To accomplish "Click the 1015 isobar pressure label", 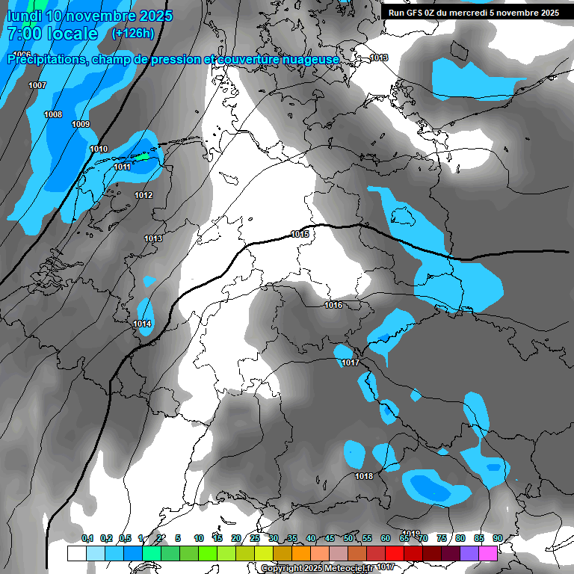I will (x=300, y=235).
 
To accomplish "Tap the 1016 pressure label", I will (x=333, y=305).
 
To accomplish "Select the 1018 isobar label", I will (x=364, y=476).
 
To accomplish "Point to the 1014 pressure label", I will (x=143, y=324).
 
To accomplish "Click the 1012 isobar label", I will (x=143, y=195).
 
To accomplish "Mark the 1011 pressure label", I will (x=123, y=167).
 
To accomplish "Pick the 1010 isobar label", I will (x=99, y=149).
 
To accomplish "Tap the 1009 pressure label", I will (x=81, y=124).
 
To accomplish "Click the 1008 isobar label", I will (x=53, y=114).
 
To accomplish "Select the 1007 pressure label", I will (x=37, y=85).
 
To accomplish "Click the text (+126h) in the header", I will (x=132, y=33).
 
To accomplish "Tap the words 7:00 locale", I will (x=52, y=34).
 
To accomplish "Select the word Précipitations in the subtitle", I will (x=45, y=59).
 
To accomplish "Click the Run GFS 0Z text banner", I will (x=473, y=13).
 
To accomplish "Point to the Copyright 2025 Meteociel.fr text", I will (x=318, y=568).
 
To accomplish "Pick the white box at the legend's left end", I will (x=76, y=553).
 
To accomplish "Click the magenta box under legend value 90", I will (x=488, y=553).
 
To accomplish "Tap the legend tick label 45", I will (x=330, y=538).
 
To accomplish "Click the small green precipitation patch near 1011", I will (x=142, y=157).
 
